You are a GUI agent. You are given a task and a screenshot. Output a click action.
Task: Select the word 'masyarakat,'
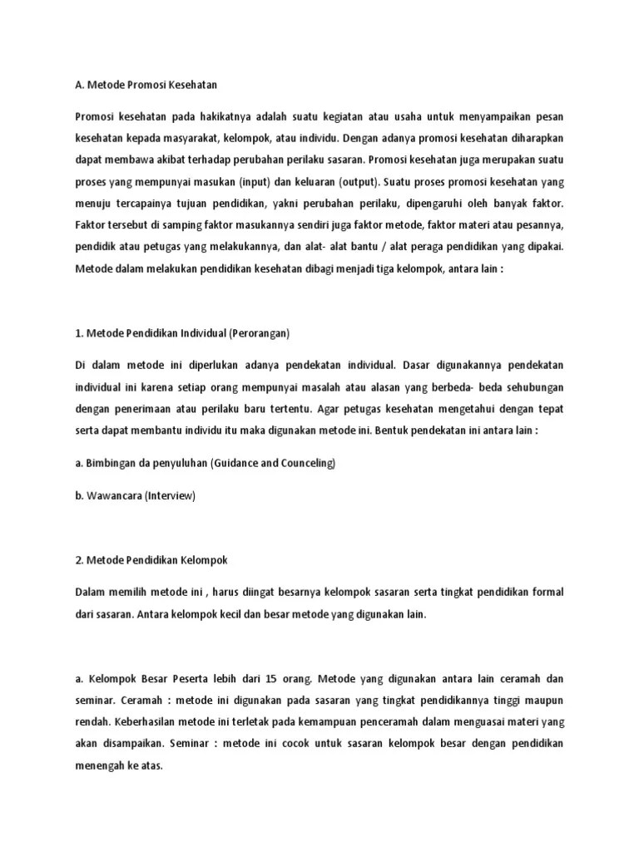(x=218, y=137)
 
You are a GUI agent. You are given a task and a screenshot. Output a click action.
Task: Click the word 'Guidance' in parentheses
(x=239, y=462)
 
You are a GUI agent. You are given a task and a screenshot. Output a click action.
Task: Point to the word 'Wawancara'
(x=113, y=495)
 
